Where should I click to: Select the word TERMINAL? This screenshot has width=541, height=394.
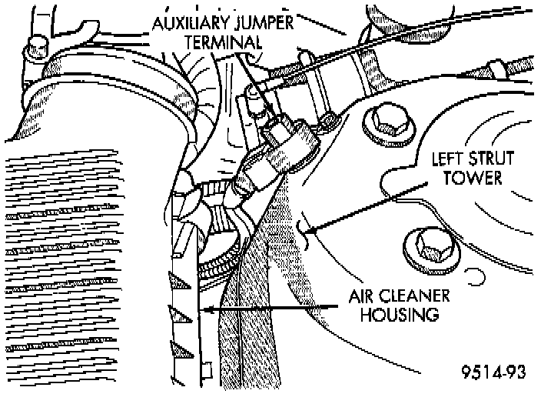pyautogui.click(x=223, y=42)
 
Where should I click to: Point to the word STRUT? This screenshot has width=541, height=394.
pyautogui.click(x=491, y=159)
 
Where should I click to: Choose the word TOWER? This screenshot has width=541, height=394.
pyautogui.click(x=472, y=178)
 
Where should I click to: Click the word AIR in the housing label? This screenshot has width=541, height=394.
pyautogui.click(x=360, y=296)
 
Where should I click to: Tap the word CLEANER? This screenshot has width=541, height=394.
pyautogui.click(x=413, y=296)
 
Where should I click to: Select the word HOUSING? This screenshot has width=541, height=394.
pyautogui.click(x=400, y=315)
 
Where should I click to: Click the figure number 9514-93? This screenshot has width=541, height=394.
pyautogui.click(x=493, y=372)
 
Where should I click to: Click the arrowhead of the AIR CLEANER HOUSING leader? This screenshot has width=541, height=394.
pyautogui.click(x=209, y=309)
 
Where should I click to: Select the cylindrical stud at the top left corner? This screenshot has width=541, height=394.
pyautogui.click(x=36, y=48)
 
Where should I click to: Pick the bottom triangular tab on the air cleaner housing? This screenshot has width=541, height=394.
pyautogui.click(x=181, y=350)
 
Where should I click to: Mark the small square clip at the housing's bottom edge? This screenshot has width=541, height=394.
pyautogui.click(x=207, y=370)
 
